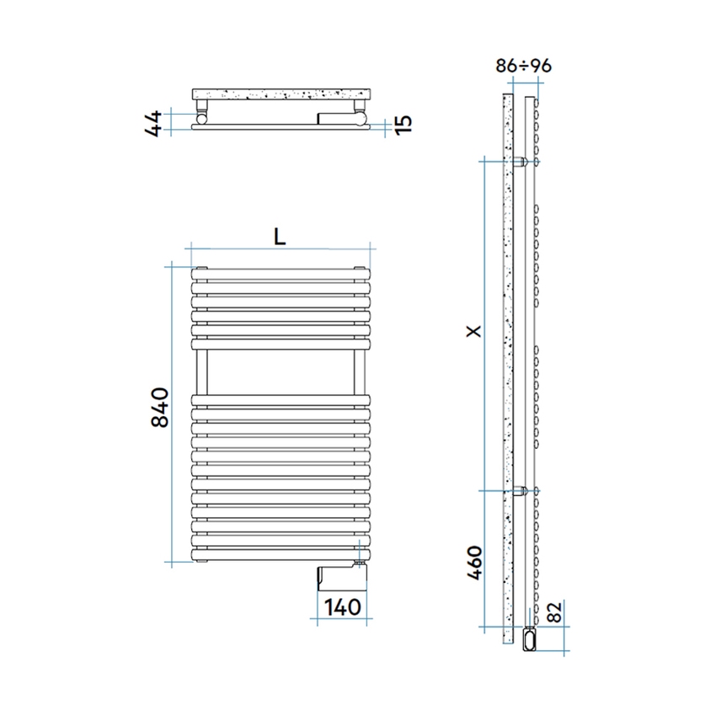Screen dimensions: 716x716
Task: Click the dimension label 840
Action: coord(161,407)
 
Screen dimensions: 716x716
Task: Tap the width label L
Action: coord(280,237)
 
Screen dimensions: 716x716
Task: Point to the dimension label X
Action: coord(474,332)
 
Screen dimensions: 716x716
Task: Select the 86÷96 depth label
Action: coord(523,67)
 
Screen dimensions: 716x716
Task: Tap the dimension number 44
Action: coord(153,124)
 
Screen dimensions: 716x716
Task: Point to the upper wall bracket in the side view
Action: coord(522,160)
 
